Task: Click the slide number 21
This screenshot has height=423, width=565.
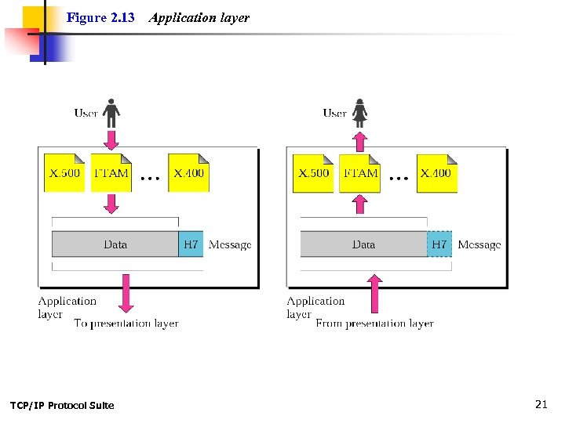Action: click(540, 404)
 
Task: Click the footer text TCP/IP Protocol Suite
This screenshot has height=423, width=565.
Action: click(62, 405)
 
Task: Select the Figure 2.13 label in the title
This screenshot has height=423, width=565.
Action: click(100, 17)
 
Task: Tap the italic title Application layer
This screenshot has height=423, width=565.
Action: click(199, 17)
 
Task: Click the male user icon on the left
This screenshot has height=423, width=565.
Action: click(111, 113)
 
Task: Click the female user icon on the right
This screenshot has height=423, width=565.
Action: click(359, 113)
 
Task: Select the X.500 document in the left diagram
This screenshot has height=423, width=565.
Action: click(64, 173)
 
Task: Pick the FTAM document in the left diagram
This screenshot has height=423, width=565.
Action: click(111, 173)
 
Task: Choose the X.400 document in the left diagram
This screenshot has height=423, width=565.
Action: click(188, 173)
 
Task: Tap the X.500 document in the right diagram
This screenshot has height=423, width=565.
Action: click(313, 173)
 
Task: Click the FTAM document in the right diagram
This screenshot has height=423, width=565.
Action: click(360, 173)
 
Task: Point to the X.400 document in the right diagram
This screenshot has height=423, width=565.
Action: click(437, 173)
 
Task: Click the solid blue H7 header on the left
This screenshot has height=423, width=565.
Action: click(191, 244)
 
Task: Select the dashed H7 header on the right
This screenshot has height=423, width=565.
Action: click(439, 244)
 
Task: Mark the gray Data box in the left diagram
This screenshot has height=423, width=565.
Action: click(115, 244)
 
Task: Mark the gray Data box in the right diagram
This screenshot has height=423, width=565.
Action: click(363, 244)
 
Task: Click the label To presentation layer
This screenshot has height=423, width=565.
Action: click(126, 323)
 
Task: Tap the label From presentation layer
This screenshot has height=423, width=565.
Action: click(374, 323)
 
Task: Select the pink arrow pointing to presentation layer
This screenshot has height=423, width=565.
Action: click(125, 292)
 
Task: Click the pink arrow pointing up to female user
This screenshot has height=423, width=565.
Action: click(359, 141)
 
